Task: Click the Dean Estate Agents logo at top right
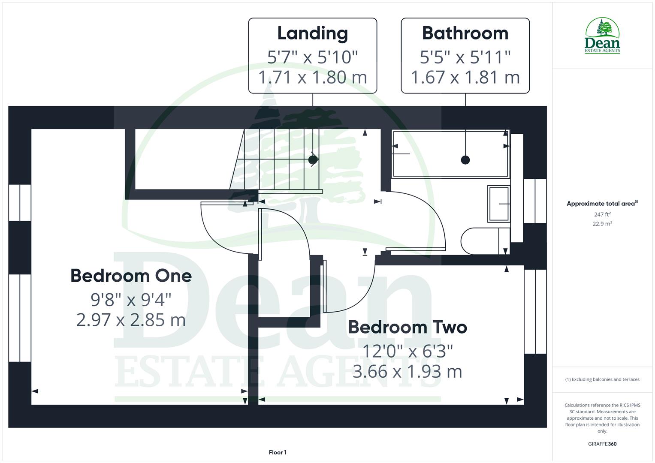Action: (602, 36)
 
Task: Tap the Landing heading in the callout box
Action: (312, 33)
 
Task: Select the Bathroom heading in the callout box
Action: (465, 33)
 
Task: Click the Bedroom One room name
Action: (131, 276)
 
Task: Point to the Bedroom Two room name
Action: (407, 327)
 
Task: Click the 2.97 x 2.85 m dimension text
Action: (131, 320)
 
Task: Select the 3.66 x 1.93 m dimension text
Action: (407, 371)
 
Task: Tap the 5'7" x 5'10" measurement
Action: (312, 57)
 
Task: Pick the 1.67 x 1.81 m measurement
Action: (465, 77)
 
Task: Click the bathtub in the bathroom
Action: (450, 154)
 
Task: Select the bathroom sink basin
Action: (499, 204)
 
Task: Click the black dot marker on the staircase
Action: (313, 160)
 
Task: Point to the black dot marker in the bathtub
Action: (465, 160)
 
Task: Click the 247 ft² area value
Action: (602, 214)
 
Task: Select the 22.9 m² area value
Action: (602, 224)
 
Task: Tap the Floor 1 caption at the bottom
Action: (278, 452)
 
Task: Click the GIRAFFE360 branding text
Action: (602, 444)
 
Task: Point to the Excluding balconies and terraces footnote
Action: (602, 379)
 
